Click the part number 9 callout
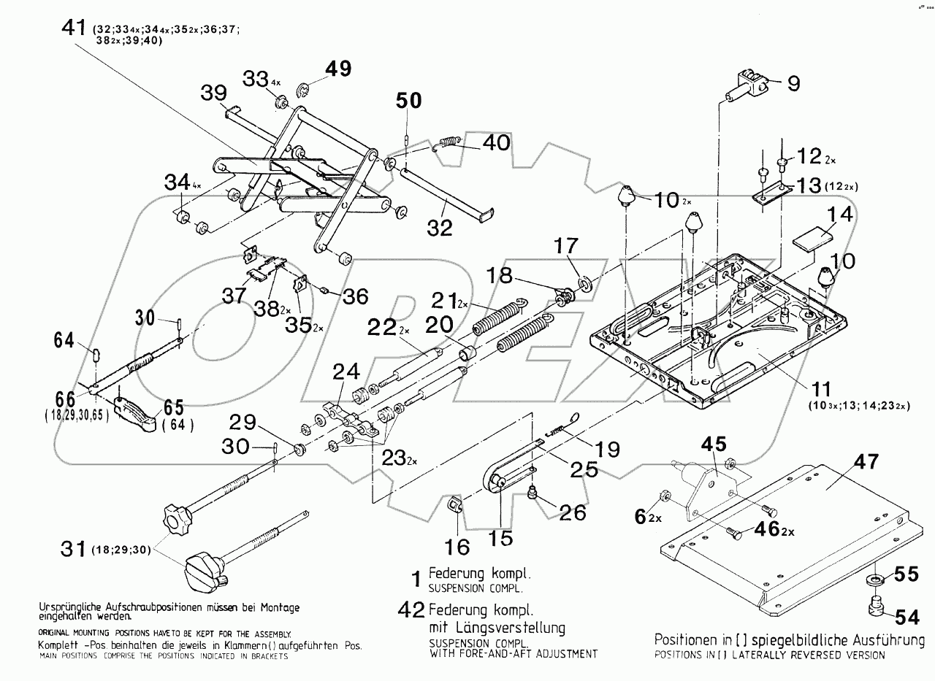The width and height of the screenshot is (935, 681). pos(793,83)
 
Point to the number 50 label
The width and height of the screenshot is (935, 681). pos(409,101)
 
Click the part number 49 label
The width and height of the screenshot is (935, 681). pos(338,69)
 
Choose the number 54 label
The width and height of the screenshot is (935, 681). pos(907,618)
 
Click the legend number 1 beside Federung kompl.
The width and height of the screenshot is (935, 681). pos(416,579)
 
